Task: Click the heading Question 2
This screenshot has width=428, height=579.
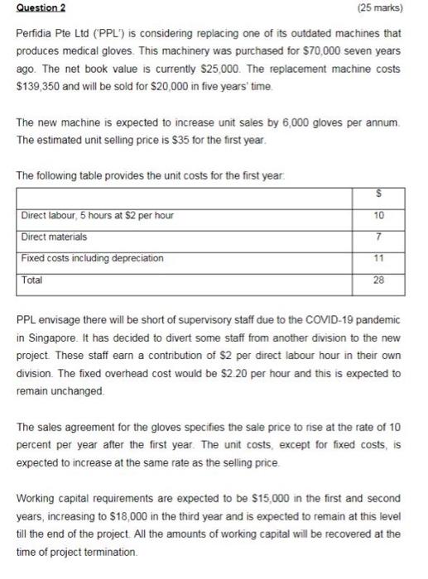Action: pos(42,8)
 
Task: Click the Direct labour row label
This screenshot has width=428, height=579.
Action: pos(97,215)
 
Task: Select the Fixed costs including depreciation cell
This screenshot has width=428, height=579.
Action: pos(93,258)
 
